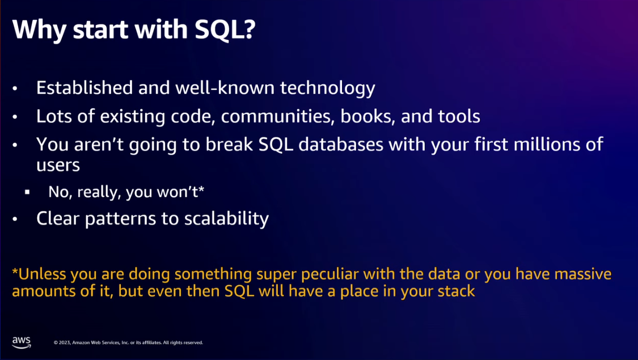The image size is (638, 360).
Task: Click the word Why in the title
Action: pyautogui.click(x=39, y=29)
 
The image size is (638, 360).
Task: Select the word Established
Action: pyautogui.click(x=84, y=87)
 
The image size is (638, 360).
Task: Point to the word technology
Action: pyautogui.click(x=328, y=88)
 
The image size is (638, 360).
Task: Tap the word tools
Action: pyautogui.click(x=459, y=116)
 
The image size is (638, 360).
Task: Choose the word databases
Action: pyautogui.click(x=341, y=145)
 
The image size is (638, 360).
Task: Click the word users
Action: pyautogui.click(x=58, y=165)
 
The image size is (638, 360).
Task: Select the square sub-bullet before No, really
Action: pyautogui.click(x=27, y=192)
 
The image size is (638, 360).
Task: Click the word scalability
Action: pyautogui.click(x=226, y=219)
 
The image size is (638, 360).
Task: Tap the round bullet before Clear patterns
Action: pyautogui.click(x=15, y=219)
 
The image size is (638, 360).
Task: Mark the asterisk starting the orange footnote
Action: pyautogui.click(x=15, y=270)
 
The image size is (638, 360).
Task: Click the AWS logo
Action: pyautogui.click(x=22, y=342)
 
